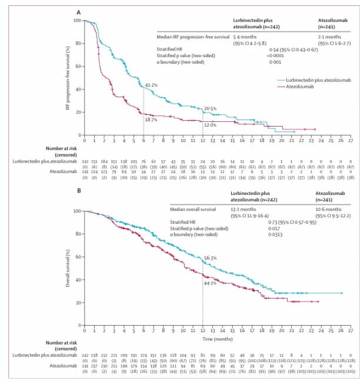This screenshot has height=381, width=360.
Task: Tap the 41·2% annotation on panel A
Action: coord(151,85)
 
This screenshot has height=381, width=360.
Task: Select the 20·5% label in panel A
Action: coord(210,108)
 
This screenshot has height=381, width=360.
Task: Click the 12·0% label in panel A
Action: coord(210,125)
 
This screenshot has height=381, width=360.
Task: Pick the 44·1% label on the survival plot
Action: coord(210,283)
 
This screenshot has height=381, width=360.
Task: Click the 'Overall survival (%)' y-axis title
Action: coord(69,269)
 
